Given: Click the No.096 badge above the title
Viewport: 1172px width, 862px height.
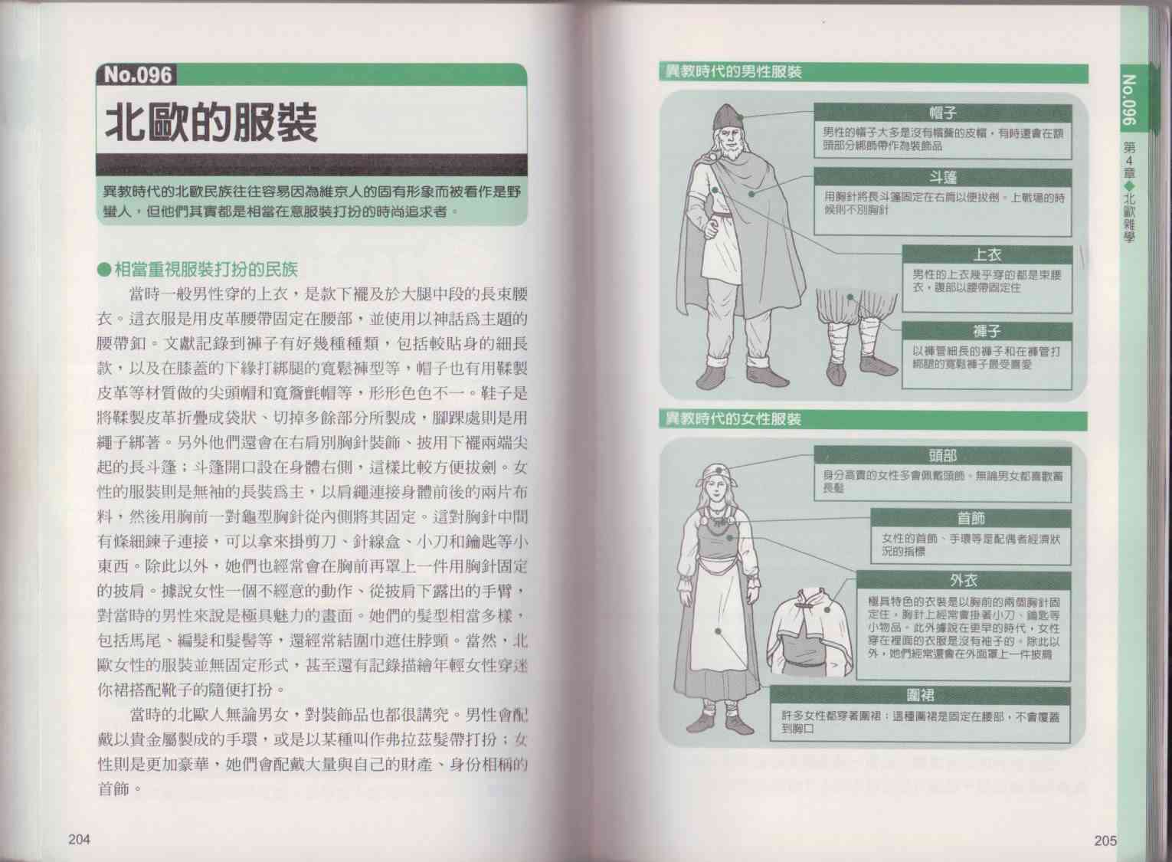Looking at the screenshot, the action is pos(136,75).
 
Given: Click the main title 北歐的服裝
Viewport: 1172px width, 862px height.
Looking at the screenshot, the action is pos(211,123).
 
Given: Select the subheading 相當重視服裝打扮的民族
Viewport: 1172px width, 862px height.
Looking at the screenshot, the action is pos(206,270).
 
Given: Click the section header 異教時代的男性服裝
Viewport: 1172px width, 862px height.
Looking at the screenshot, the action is pos(733,72).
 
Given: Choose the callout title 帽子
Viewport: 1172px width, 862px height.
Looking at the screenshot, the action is pos(943,113).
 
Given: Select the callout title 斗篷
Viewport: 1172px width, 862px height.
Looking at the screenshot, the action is pos(943,178).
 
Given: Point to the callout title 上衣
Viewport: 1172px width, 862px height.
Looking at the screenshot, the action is pos(987,255).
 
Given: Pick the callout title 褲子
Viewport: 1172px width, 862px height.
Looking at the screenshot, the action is pos(987,331).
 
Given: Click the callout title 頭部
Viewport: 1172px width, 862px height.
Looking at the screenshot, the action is pos(943,456).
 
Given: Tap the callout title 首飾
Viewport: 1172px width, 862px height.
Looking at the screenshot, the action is pos(971,519).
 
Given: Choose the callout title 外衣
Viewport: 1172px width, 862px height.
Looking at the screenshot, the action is pos(963,581).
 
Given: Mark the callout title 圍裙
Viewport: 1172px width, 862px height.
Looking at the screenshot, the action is pos(920,696).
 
